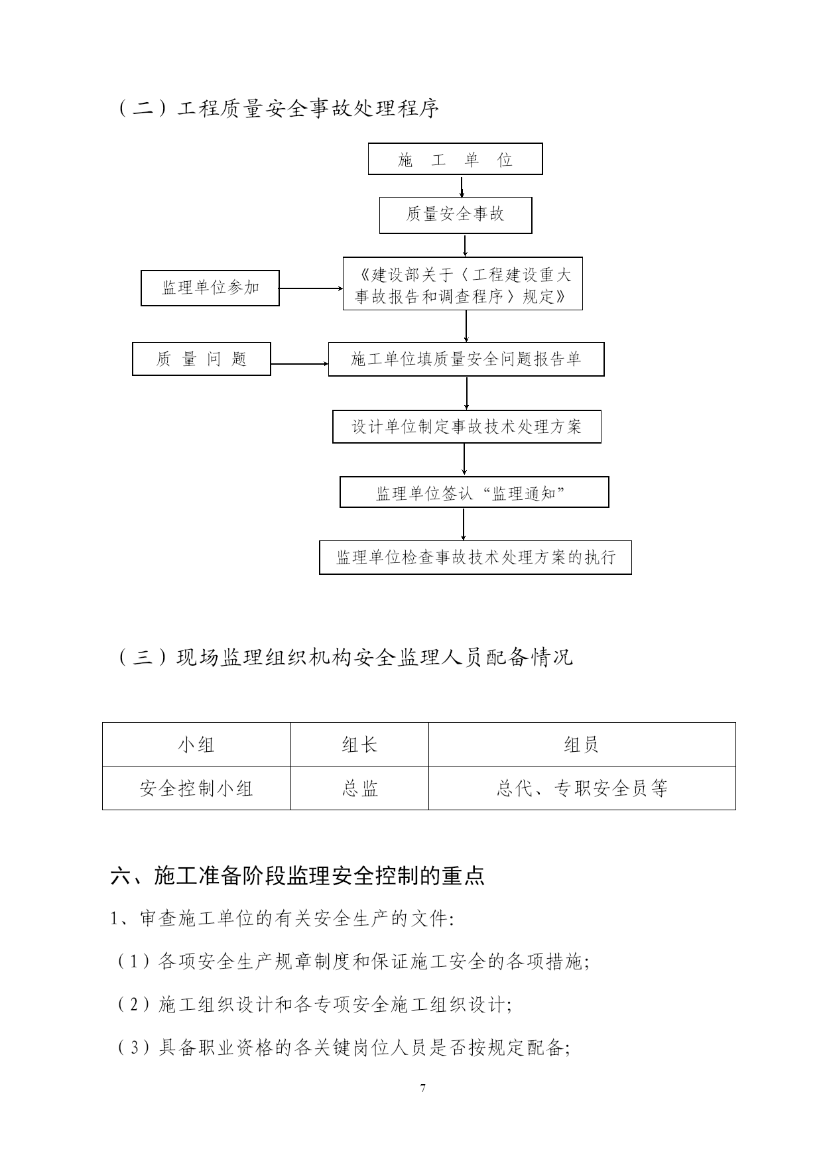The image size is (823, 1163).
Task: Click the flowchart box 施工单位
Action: point(455,159)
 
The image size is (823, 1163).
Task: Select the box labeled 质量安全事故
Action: point(456,215)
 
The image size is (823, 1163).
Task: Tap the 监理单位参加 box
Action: point(210,288)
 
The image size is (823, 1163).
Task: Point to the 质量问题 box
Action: point(202,359)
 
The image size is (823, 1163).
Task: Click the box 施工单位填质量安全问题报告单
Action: point(466,359)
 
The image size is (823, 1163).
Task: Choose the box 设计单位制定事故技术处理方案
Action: point(467,427)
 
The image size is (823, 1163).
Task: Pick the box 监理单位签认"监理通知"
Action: point(474,492)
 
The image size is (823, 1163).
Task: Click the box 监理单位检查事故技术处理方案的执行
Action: point(475,557)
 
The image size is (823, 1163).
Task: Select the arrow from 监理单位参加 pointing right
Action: point(311,288)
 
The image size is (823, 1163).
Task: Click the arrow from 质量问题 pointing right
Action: point(300,364)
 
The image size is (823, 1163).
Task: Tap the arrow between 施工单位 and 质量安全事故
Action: point(462,186)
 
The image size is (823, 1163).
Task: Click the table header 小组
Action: point(196,745)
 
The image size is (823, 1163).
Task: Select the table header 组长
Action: point(359,745)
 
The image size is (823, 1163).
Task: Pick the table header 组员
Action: point(582,745)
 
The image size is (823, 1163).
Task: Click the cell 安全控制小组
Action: point(196,788)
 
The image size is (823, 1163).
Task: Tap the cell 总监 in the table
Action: point(359,788)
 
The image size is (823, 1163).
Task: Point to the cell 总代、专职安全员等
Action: point(582,788)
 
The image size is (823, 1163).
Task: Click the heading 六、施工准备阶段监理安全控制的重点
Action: point(298,876)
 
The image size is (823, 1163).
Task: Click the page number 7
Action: point(422,1087)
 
